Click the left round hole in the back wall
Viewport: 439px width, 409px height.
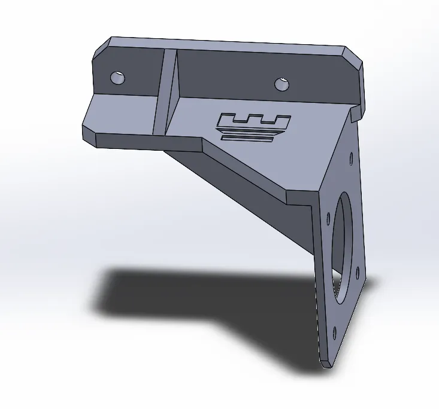[118, 77]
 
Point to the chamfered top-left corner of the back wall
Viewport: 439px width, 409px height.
[101, 47]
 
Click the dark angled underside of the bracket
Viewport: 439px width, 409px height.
[252, 197]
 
